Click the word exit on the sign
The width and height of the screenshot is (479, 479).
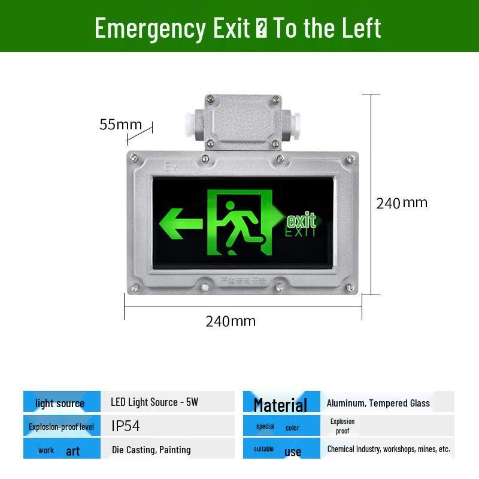[x=301, y=220]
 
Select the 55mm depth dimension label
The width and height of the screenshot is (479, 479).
[x=120, y=125]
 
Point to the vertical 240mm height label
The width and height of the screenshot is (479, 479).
[x=402, y=203]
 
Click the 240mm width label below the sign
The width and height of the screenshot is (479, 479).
[x=231, y=321]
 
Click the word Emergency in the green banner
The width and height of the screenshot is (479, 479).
[x=150, y=28]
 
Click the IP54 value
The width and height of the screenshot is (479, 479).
[x=126, y=426]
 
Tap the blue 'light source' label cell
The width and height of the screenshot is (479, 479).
[x=60, y=403]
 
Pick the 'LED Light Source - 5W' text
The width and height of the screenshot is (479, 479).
[x=154, y=402]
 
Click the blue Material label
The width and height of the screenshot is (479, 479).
[x=280, y=405]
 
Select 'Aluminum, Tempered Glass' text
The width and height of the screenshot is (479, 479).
[x=378, y=403]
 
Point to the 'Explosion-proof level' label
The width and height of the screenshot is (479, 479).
[x=61, y=427]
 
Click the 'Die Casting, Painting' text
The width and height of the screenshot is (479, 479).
[x=151, y=450]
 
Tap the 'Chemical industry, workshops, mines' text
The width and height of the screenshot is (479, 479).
[x=388, y=448]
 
